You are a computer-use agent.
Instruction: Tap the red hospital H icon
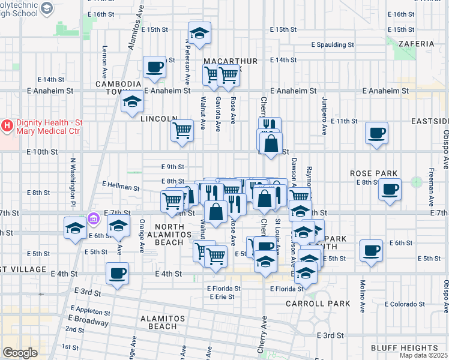pyautogui.click(x=7, y=125)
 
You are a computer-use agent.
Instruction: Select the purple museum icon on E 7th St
pyautogui.click(x=92, y=219)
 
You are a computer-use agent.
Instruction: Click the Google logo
pyautogui.click(x=20, y=353)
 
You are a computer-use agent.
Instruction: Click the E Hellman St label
pyautogui.click(x=121, y=187)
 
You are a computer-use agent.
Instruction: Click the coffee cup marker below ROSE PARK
pyautogui.click(x=390, y=190)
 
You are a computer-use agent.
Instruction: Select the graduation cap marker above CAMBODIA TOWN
pyautogui.click(x=200, y=33)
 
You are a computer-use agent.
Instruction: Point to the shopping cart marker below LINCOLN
pyautogui.click(x=182, y=130)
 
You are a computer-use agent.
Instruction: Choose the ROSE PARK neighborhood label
pyautogui.click(x=374, y=173)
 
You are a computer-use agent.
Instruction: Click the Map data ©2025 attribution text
pyautogui.click(x=424, y=355)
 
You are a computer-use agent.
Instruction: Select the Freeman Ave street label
pyautogui.click(x=430, y=192)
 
